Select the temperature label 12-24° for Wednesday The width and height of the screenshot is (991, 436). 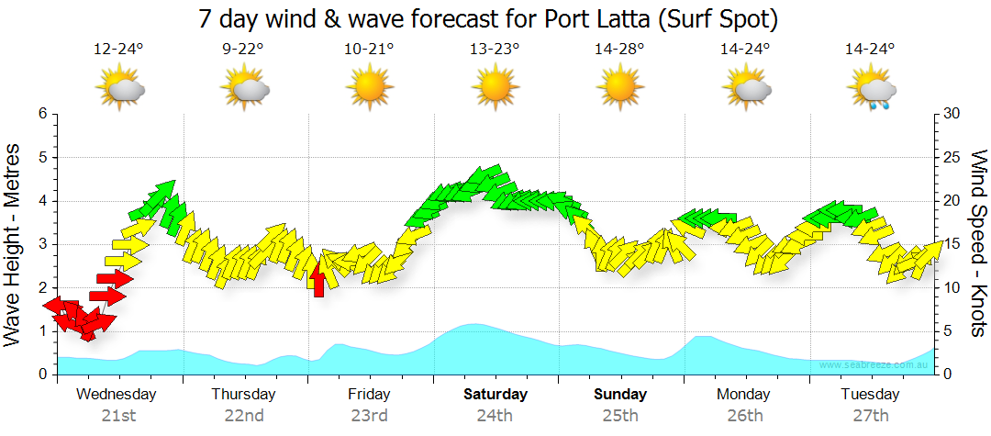118,50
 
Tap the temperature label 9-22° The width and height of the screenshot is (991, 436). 244,50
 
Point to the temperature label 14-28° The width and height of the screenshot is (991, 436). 619,50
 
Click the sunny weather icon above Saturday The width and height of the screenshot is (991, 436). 495,88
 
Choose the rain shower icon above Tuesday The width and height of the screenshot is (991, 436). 871,89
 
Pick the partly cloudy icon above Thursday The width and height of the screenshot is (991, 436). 244,89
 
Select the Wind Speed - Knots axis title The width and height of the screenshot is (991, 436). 978,243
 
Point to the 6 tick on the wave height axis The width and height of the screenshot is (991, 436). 42,114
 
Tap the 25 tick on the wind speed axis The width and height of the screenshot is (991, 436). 952,157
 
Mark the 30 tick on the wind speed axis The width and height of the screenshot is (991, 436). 952,114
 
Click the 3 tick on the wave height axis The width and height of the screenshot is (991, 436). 42,244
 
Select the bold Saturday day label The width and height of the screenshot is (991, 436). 495,395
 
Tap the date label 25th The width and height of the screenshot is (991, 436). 619,416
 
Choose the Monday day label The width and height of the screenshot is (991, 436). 744,395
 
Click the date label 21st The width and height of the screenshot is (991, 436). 118,416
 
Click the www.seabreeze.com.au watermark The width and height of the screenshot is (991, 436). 875,365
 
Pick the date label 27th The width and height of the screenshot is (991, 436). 870,416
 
